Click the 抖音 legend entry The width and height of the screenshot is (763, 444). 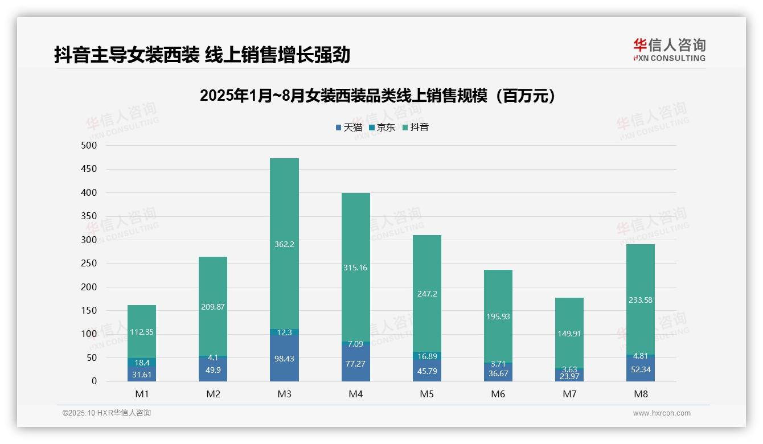pyautogui.click(x=415, y=128)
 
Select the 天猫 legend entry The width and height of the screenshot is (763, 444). pyautogui.click(x=348, y=128)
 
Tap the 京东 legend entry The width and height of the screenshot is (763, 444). pyautogui.click(x=381, y=128)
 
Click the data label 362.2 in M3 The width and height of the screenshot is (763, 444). pyautogui.click(x=284, y=244)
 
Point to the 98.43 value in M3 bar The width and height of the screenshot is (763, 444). pyautogui.click(x=284, y=359)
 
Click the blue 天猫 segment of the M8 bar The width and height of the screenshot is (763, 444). pyautogui.click(x=640, y=369)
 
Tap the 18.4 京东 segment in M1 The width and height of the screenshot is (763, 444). pyautogui.click(x=142, y=363)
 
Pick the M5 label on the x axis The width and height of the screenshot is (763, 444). pyautogui.click(x=426, y=394)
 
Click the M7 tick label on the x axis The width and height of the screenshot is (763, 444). pyautogui.click(x=569, y=394)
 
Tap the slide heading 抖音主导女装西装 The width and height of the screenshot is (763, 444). pyautogui.click(x=202, y=55)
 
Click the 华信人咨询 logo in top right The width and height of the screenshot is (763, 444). pyautogui.click(x=669, y=50)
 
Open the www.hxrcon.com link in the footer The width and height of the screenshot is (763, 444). pyautogui.click(x=661, y=413)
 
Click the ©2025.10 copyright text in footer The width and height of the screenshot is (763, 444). pyautogui.click(x=106, y=413)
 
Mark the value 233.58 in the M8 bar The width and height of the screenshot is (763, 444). pyautogui.click(x=640, y=300)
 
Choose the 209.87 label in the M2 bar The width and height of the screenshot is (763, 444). pyautogui.click(x=213, y=307)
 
